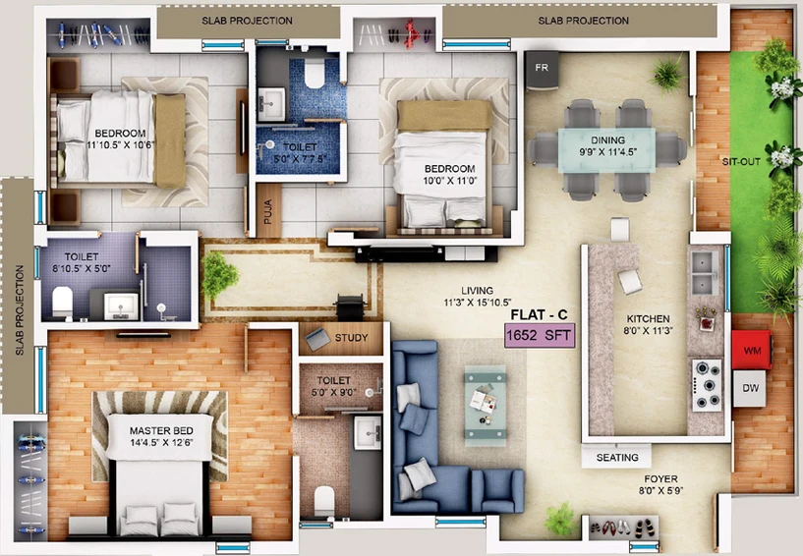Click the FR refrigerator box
(x=542, y=70)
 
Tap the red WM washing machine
(x=752, y=350)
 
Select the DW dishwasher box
(x=750, y=388)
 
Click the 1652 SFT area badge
(x=540, y=335)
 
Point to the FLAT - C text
(x=539, y=314)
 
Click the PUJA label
(x=268, y=211)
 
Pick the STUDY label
(x=351, y=338)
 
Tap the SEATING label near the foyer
(x=617, y=457)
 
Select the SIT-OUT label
(x=741, y=162)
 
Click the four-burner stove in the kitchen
(x=708, y=385)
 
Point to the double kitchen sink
(x=705, y=273)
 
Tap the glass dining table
(x=606, y=150)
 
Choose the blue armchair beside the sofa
(x=497, y=491)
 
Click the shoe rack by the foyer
(x=621, y=528)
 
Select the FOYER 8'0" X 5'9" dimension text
(x=660, y=484)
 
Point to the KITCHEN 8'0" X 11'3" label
(x=648, y=324)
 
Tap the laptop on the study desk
(x=317, y=339)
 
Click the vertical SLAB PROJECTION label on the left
(x=20, y=310)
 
